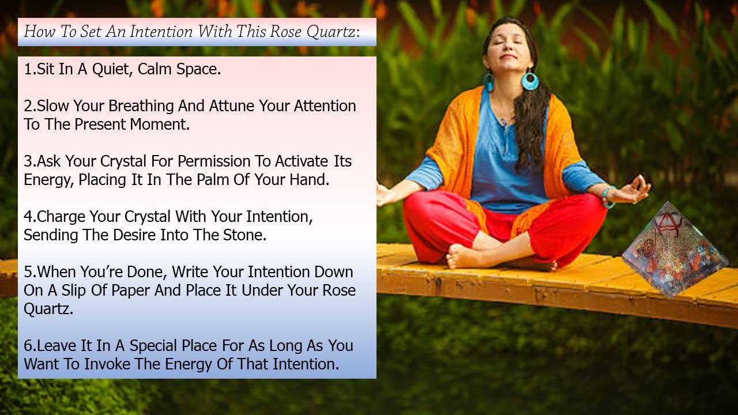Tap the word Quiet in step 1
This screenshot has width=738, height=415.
pos(112,70)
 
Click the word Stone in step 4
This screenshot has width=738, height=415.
pos(245,235)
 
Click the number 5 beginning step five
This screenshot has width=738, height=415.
pos(28,273)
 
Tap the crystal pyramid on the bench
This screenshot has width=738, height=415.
pos(675,250)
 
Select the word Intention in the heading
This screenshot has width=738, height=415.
pos(161,32)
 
